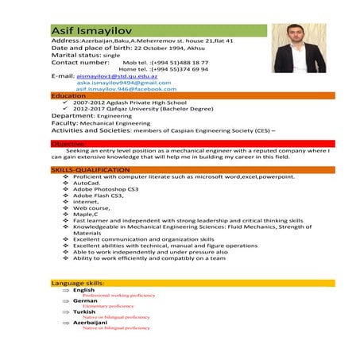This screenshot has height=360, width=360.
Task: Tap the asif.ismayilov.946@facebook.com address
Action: (126, 89)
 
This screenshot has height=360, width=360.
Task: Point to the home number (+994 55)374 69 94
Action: (180, 68)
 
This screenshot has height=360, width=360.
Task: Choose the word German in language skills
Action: (85, 301)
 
